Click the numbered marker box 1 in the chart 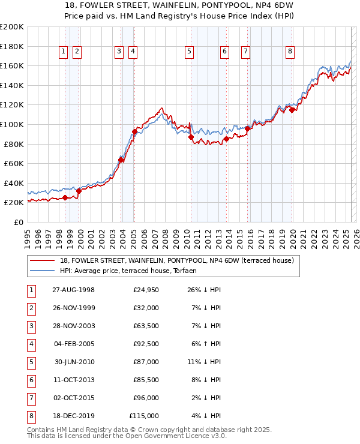[63, 52]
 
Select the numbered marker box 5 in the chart [189, 52]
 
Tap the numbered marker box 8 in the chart [290, 52]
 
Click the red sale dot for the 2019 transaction [292, 110]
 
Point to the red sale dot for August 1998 [65, 197]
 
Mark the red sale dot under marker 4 [134, 131]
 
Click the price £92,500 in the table [146, 344]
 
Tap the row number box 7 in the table [30, 398]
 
